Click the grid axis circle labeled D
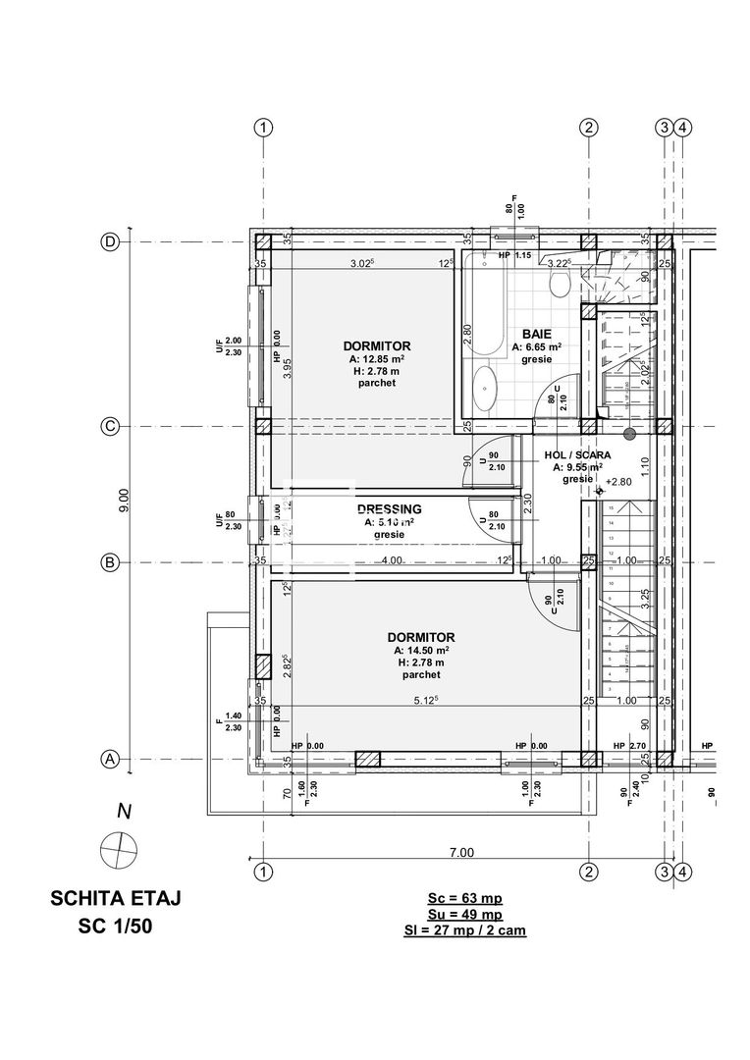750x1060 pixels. (111, 242)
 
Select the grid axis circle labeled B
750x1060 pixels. (111, 562)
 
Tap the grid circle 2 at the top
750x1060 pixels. (588, 128)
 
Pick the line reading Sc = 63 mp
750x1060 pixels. (464, 896)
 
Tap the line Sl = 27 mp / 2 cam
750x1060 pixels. (464, 929)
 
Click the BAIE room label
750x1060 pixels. (536, 334)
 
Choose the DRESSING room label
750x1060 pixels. (389, 509)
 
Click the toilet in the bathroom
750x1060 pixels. (561, 284)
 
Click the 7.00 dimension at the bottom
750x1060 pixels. (461, 852)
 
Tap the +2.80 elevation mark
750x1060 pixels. (620, 482)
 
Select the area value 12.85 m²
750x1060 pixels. (377, 359)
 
